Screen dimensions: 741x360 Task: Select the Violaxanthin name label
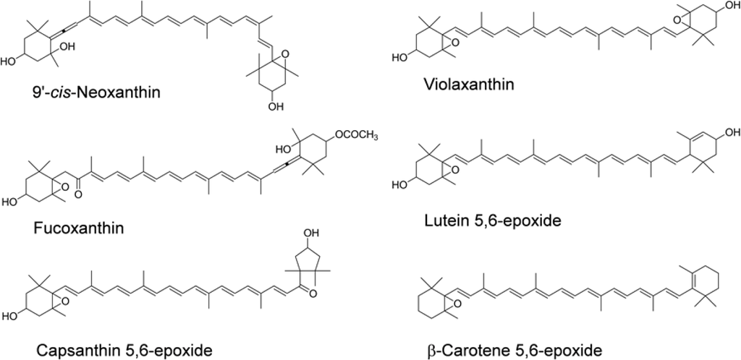(x=468, y=85)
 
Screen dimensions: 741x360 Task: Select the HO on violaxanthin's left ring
(x=400, y=56)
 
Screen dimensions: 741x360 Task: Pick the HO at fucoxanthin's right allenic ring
(x=283, y=150)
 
